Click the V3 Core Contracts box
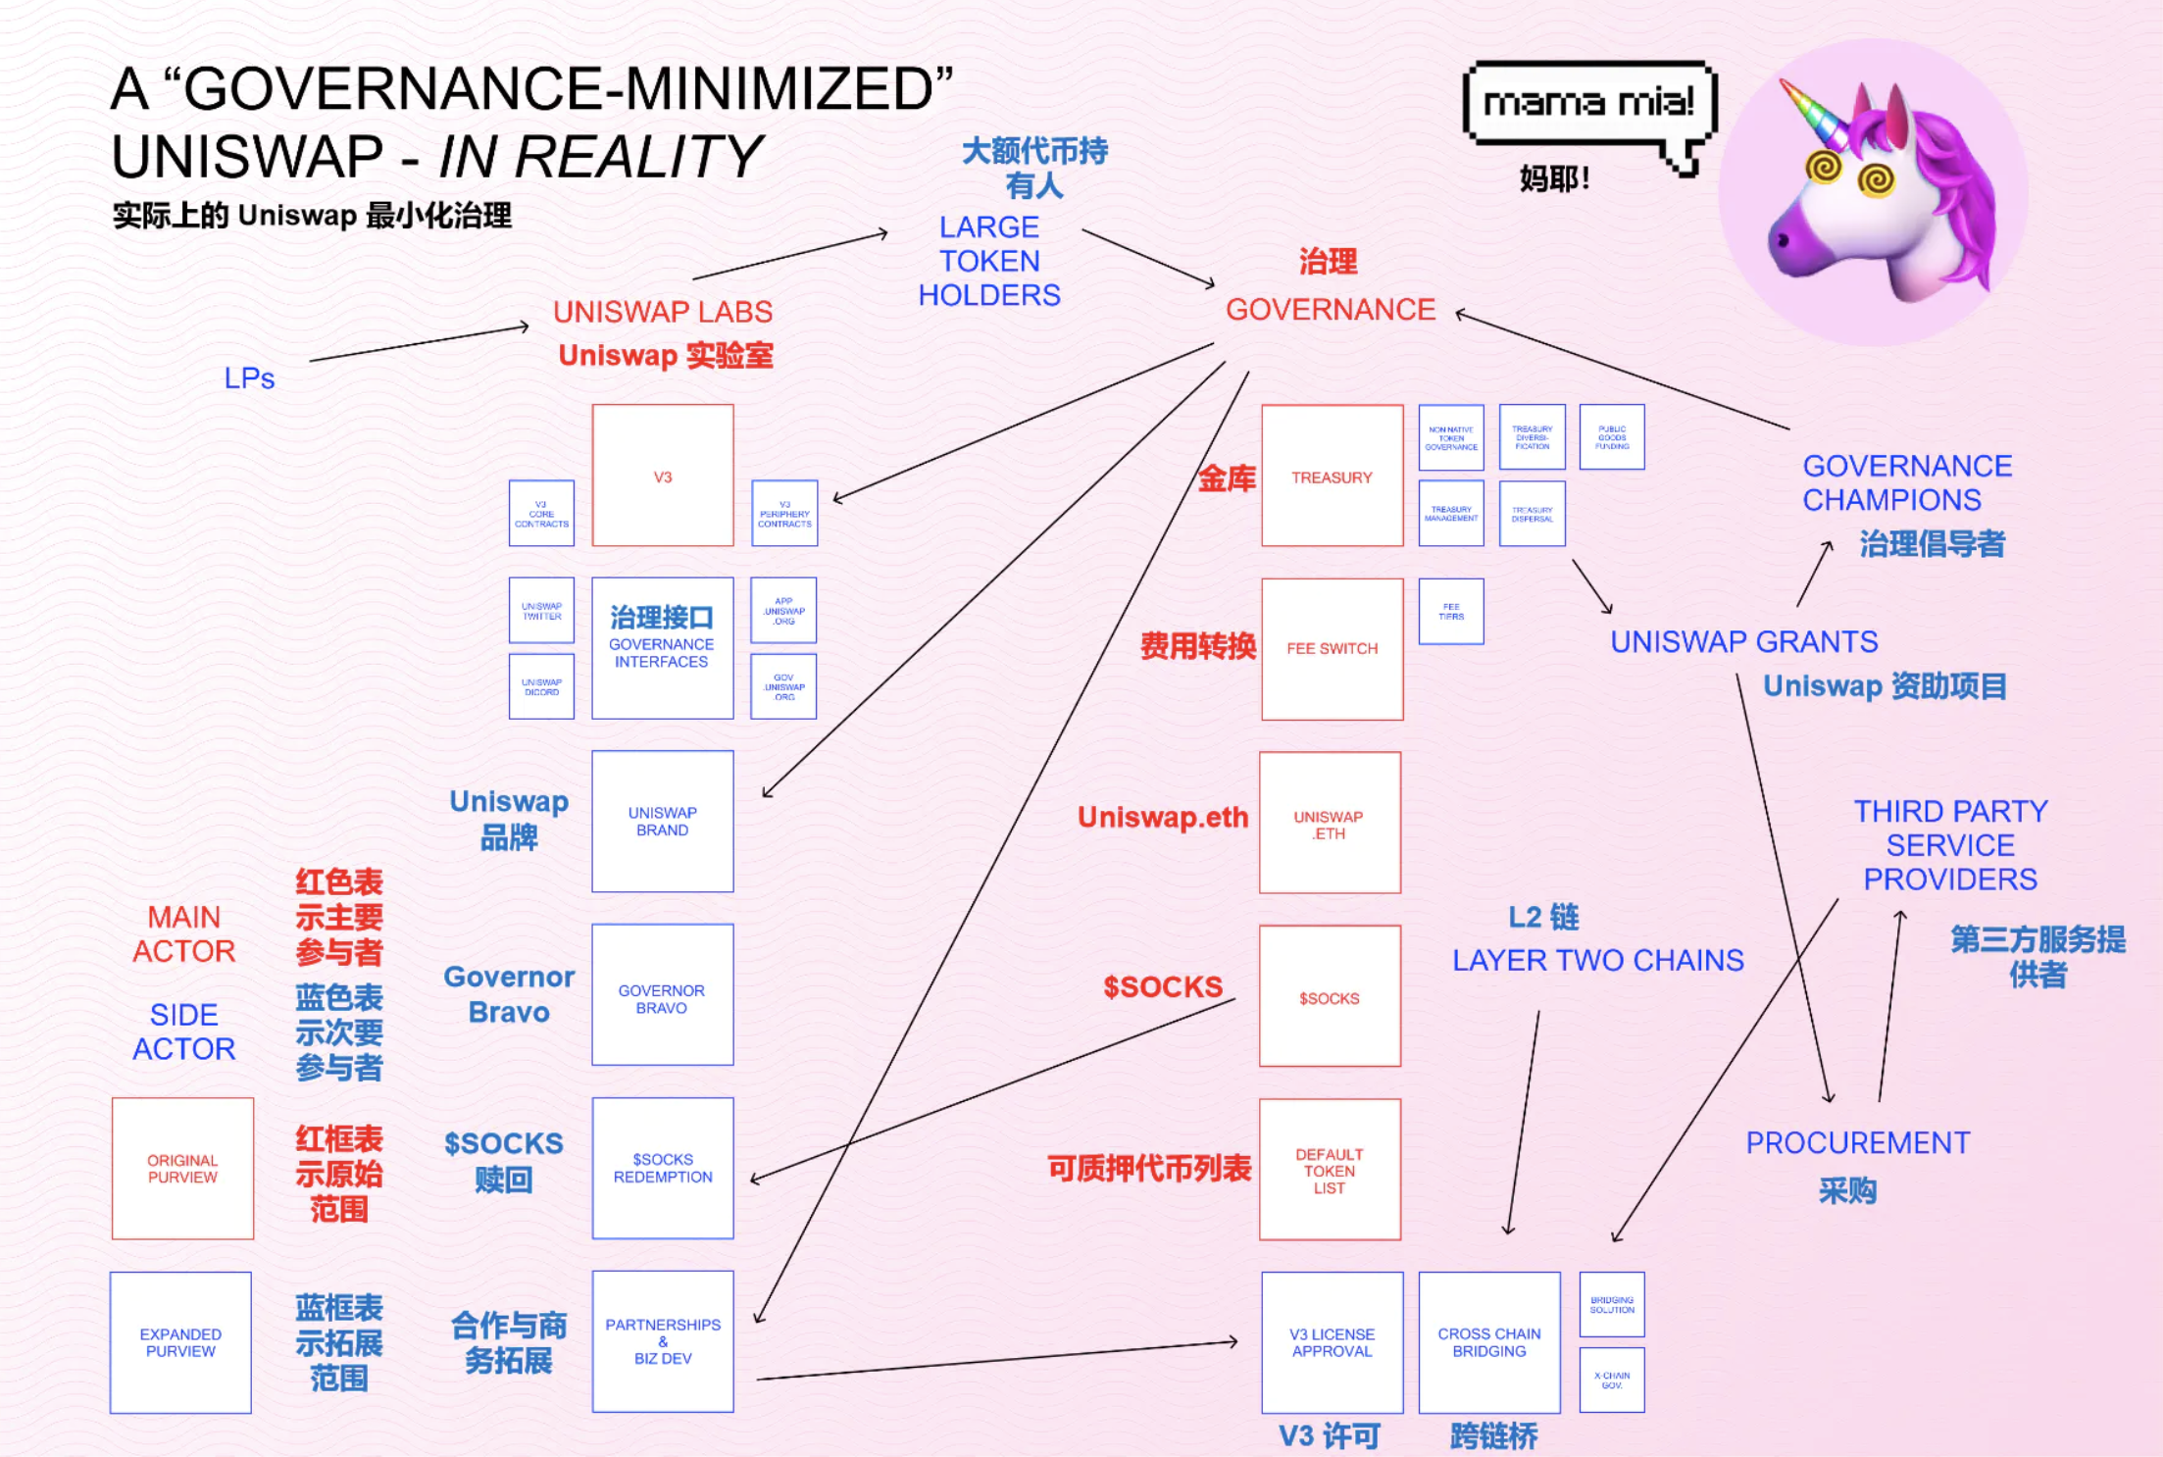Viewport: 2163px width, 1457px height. coord(541,513)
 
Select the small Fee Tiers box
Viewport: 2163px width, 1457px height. coord(1451,611)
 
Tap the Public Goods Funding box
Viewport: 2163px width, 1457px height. coord(1612,437)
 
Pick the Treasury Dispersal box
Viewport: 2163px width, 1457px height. coord(1532,513)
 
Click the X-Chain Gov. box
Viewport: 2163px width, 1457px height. coord(1612,1380)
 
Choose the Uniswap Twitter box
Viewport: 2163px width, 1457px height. coord(541,610)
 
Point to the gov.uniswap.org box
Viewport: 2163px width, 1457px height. coord(783,686)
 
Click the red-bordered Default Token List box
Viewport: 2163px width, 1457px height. coord(1330,1170)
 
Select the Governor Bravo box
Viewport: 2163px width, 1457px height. coord(662,994)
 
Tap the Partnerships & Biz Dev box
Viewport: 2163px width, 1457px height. coord(662,1341)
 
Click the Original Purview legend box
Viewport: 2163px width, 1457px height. coord(182,1169)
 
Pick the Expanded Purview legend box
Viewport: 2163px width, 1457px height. coord(180,1342)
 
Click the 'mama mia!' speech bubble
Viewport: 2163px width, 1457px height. coord(1587,103)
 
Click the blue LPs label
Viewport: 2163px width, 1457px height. coord(249,378)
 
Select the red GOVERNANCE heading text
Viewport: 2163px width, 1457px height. coord(1330,310)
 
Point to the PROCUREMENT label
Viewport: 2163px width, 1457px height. coord(1857,1143)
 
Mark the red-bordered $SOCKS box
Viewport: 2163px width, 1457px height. coord(1330,996)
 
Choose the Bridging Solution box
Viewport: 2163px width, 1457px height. coord(1612,1305)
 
